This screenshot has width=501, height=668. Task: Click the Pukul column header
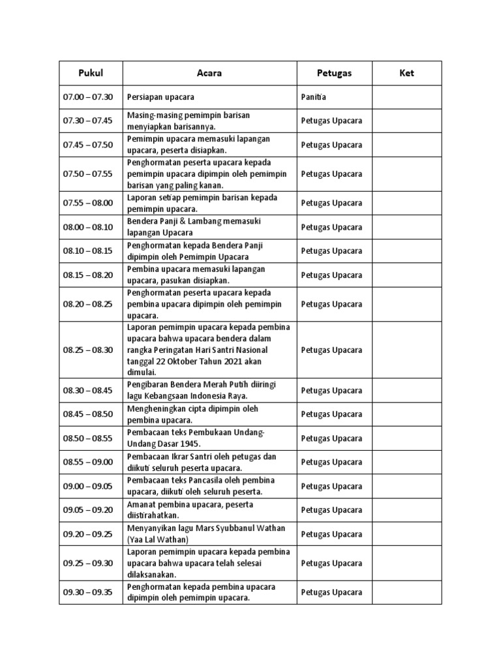pos(91,73)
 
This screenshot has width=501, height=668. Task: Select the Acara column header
pos(209,73)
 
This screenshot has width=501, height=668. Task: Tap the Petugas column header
pos(334,73)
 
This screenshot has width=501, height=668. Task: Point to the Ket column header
pos(406,73)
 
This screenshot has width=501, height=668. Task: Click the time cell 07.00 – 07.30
pos(88,97)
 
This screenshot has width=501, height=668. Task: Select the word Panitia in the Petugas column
pos(313,97)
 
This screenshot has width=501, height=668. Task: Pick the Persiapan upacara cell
pos(161,97)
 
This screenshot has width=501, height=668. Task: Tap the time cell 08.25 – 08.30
pos(88,350)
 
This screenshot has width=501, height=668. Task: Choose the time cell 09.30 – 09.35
pos(88,592)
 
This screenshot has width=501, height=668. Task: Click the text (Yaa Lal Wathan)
pos(159,539)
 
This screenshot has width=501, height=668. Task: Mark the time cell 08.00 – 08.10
pos(88,228)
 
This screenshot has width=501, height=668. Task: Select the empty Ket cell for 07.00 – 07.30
pos(406,97)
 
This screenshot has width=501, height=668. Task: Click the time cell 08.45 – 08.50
pos(88,414)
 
